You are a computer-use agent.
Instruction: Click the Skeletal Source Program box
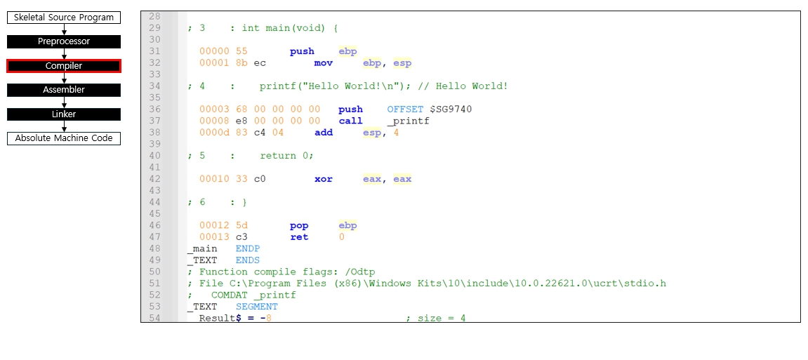(x=64, y=18)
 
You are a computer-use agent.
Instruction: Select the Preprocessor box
(x=64, y=41)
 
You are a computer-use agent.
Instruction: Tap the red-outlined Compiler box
(x=64, y=66)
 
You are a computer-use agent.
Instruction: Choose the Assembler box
(x=64, y=90)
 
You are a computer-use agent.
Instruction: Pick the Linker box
(x=64, y=114)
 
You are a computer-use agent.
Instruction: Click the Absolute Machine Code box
(x=64, y=138)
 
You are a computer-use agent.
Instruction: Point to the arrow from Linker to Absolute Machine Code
(x=64, y=126)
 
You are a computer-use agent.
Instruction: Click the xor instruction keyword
(x=324, y=179)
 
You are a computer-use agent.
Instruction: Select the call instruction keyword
(x=350, y=121)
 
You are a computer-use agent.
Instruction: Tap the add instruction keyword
(x=324, y=133)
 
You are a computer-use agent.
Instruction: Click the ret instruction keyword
(x=299, y=237)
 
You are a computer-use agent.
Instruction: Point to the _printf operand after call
(x=408, y=121)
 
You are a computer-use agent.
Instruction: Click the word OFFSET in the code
(x=405, y=109)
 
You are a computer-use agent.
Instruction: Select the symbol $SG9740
(x=451, y=109)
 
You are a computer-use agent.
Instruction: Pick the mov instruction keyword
(x=324, y=63)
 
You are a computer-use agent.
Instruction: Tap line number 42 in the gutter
(x=154, y=179)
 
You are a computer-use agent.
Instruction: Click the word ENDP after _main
(x=248, y=248)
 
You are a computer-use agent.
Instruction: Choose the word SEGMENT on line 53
(x=256, y=307)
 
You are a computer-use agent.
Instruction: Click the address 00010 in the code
(x=214, y=179)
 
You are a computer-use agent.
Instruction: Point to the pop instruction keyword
(x=299, y=225)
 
